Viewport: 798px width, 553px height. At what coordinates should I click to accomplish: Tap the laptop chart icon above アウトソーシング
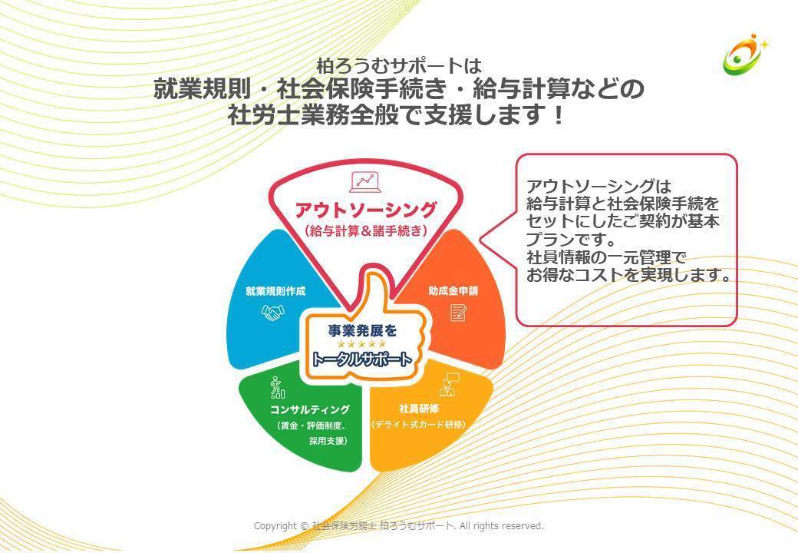365,182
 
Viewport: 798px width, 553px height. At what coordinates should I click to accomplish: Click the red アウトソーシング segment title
365,209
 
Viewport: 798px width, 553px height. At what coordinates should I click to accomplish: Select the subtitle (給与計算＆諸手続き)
365,230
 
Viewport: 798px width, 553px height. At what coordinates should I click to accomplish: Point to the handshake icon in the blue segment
273,312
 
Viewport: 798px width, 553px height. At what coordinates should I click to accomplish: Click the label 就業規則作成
275,291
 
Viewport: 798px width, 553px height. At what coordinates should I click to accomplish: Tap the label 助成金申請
453,291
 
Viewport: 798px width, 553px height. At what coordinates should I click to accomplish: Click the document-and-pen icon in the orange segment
459,312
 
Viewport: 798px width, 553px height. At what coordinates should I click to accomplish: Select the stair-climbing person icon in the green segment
277,388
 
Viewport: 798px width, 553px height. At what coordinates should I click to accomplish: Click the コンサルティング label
310,409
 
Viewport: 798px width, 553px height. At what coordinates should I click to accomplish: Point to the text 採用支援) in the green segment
328,441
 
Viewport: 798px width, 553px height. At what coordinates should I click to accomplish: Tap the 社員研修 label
419,409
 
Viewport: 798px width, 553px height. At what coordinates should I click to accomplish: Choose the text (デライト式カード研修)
418,424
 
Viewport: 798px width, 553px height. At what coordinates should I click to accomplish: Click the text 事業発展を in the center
362,331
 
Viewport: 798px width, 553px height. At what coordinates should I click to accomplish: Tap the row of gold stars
362,344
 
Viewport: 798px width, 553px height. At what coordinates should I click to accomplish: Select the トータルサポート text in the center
361,359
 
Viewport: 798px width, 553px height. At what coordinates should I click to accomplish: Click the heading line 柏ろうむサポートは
398,66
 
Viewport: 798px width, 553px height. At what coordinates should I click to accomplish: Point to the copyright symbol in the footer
305,526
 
